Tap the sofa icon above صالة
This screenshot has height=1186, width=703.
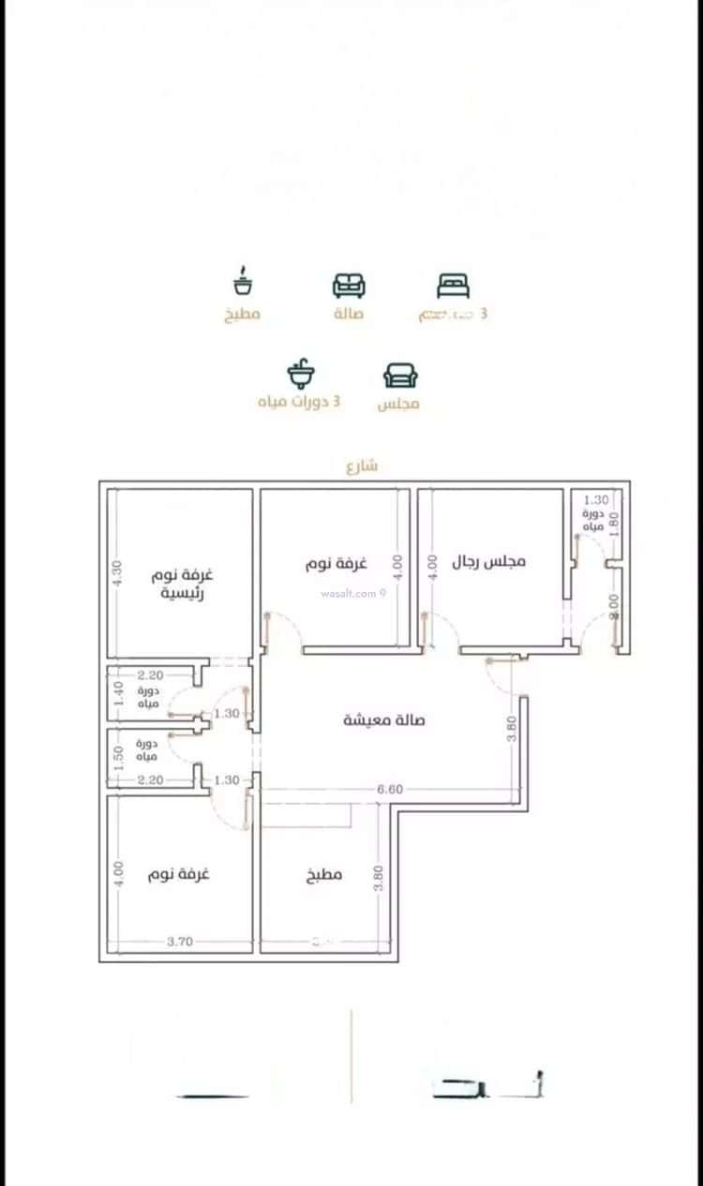[349, 285]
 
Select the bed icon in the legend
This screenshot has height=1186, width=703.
[454, 285]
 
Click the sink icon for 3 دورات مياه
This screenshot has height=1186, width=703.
[301, 374]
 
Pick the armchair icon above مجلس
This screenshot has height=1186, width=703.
[400, 375]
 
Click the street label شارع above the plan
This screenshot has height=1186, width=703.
[362, 466]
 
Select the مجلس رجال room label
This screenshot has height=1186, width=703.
[489, 561]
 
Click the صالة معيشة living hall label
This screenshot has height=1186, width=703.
[383, 720]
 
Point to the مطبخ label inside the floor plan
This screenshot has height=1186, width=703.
[324, 875]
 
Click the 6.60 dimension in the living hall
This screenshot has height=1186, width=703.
[390, 790]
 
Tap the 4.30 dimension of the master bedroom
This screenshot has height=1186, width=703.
[117, 573]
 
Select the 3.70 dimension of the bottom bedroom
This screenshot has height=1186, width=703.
[180, 941]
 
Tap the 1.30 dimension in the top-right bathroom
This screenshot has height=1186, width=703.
[596, 500]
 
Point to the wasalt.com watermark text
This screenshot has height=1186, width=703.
[349, 593]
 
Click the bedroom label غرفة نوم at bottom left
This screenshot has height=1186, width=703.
[178, 873]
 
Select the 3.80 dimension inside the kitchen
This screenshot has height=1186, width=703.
[378, 877]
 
